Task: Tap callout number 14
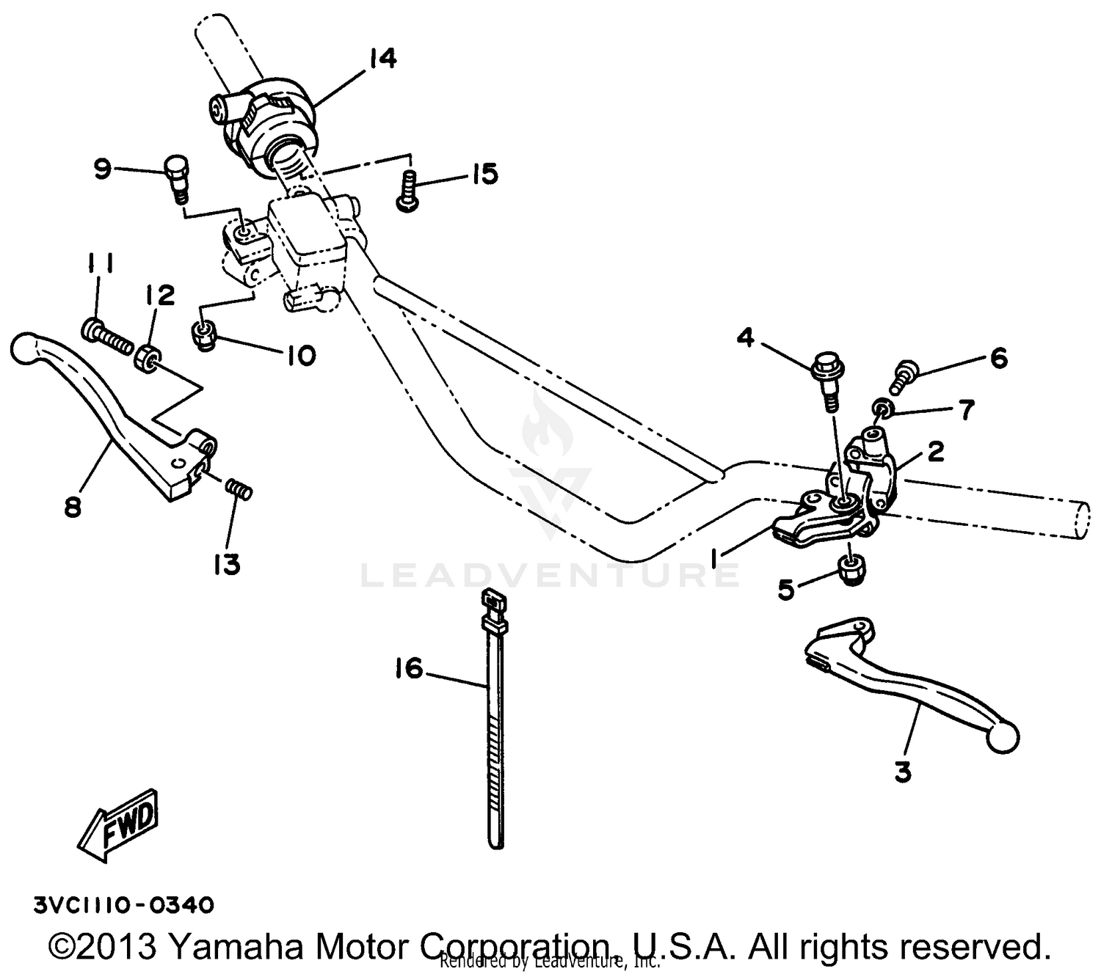[382, 58]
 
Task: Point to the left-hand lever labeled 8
[110, 418]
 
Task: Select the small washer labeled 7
[883, 409]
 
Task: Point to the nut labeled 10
[203, 336]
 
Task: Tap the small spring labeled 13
[239, 488]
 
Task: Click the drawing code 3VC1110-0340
[123, 906]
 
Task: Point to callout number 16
[408, 669]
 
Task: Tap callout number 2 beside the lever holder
[935, 452]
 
